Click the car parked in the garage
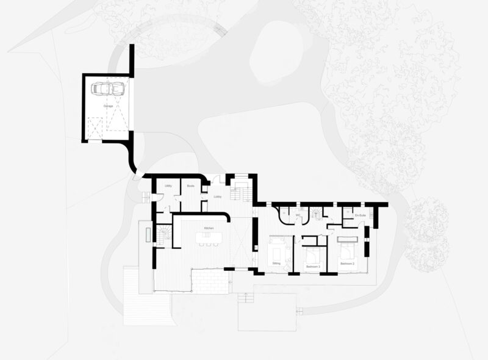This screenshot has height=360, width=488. (x=108, y=88)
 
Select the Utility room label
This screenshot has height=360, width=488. (x=168, y=185)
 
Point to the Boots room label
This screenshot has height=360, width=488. (x=190, y=185)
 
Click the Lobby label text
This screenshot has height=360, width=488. (x=217, y=196)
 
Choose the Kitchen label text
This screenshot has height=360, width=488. (x=209, y=228)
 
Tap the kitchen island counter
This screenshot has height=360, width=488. (x=209, y=236)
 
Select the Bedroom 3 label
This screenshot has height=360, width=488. (x=312, y=264)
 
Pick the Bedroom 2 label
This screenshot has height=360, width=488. (x=347, y=263)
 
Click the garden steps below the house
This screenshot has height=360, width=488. (x=245, y=297)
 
